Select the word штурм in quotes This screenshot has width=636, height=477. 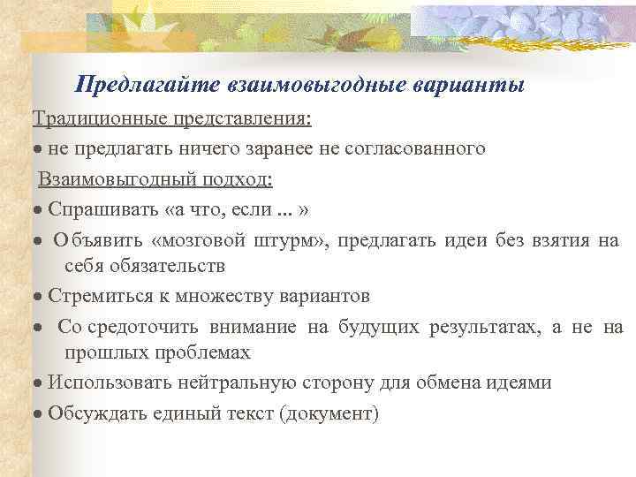point(294,240)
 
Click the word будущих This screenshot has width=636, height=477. point(378,328)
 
